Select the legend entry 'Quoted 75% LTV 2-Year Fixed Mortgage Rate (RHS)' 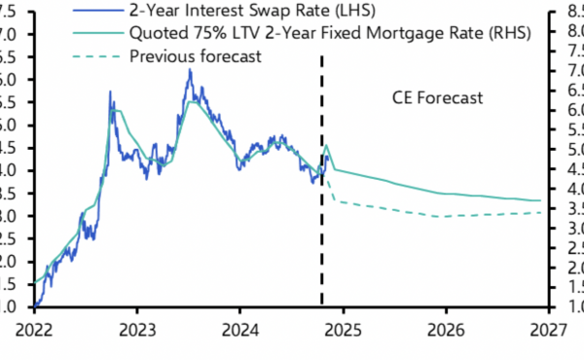[320, 34]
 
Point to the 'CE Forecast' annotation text [437, 98]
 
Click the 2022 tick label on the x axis [34, 331]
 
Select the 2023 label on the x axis [136, 331]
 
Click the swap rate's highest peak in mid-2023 [190, 71]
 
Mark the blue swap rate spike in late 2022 [110, 92]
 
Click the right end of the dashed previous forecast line [541, 212]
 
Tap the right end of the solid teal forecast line [541, 200]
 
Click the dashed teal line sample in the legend [93, 56]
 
